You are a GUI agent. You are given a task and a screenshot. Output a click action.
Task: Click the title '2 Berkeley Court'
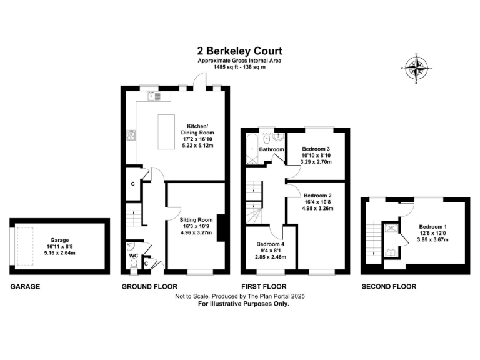[240, 51]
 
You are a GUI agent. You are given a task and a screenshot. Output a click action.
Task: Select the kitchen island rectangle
[167, 132]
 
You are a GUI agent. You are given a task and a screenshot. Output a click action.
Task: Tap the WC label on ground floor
[132, 256]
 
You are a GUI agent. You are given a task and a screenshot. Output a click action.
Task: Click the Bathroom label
[272, 149]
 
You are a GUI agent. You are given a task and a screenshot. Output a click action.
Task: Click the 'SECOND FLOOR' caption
[389, 287]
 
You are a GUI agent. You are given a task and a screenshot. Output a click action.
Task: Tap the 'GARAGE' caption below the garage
[25, 287]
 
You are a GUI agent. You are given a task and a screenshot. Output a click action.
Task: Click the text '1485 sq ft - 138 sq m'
[240, 67]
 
